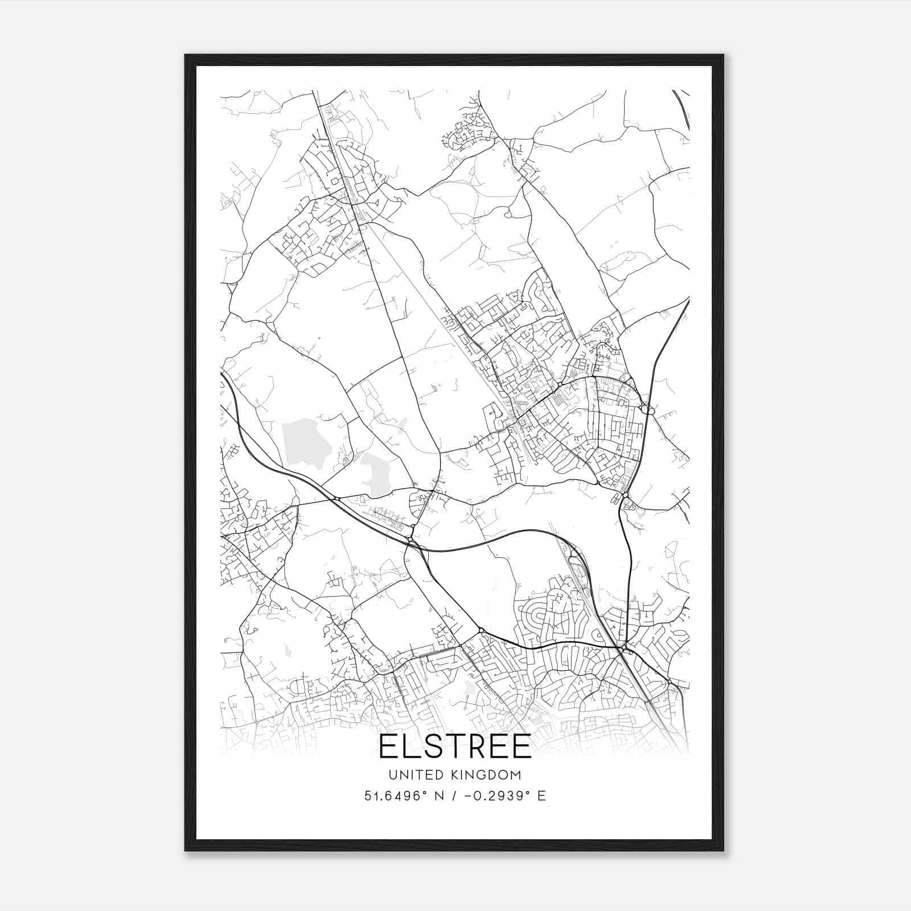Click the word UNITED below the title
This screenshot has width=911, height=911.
click(x=411, y=775)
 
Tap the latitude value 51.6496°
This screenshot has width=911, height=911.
click(x=394, y=796)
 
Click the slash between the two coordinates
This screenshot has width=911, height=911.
click(x=453, y=796)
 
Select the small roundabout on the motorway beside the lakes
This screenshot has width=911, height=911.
click(x=337, y=499)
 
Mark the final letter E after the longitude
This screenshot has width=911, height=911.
click(x=541, y=796)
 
